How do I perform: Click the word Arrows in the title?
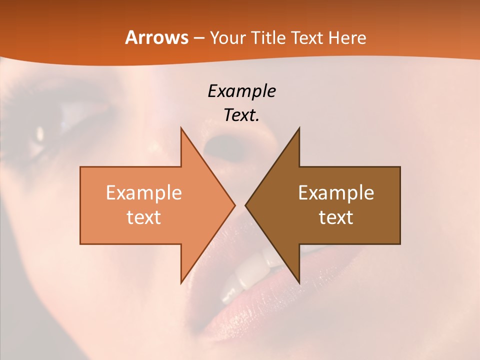point(156,37)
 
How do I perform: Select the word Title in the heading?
point(268,37)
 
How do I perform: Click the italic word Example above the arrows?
point(241,91)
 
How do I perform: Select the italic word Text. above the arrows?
point(241,115)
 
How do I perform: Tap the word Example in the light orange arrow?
point(144,193)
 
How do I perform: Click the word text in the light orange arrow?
point(144,217)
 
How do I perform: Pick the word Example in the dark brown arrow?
point(336,193)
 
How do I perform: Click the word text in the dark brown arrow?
point(336,217)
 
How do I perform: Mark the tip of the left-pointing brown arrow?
point(246,205)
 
